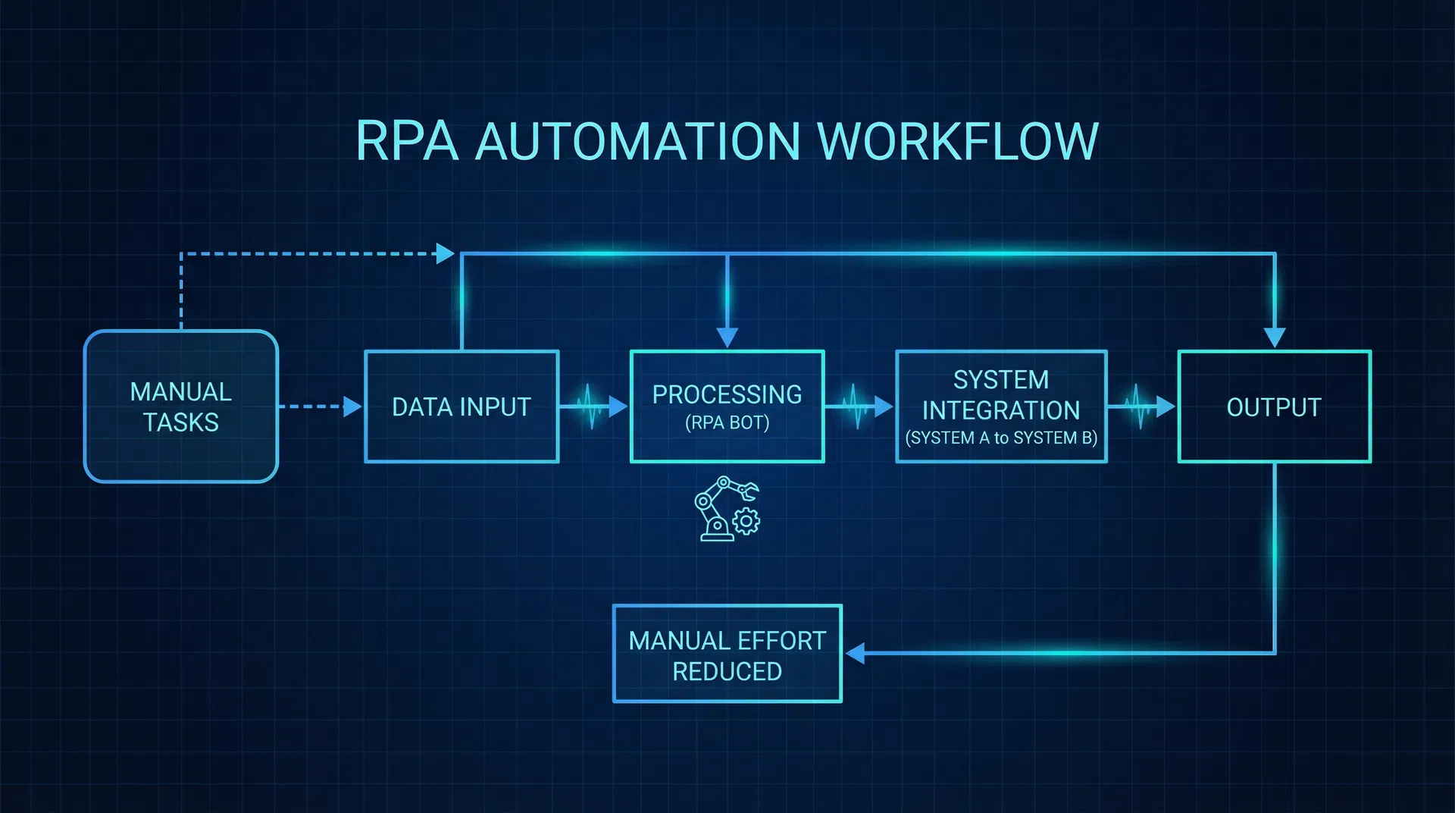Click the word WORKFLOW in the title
(x=958, y=141)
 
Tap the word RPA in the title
(x=407, y=141)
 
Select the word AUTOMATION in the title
(x=637, y=141)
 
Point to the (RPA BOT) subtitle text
(x=727, y=423)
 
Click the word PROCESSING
(x=727, y=394)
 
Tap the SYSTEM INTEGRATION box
(x=1001, y=395)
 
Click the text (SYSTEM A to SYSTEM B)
(x=1001, y=438)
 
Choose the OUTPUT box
(x=1274, y=407)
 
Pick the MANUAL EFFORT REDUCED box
(x=727, y=654)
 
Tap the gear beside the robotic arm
(x=747, y=521)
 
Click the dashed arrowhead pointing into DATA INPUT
(x=352, y=406)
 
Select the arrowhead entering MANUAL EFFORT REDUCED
(x=856, y=653)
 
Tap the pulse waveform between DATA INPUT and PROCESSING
(x=590, y=407)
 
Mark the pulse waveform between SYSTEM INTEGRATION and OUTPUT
(x=1137, y=407)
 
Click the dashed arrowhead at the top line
(x=446, y=253)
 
